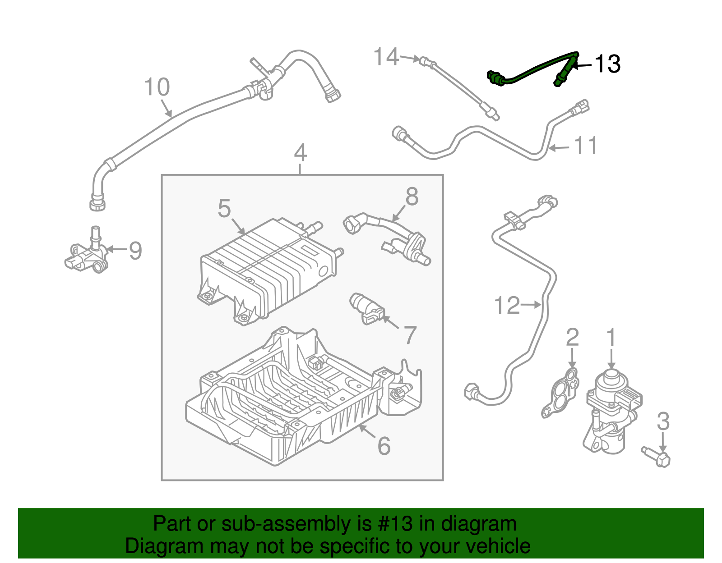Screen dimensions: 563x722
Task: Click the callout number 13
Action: [607, 64]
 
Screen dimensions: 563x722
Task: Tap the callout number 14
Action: [386, 57]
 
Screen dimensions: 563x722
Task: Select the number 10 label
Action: [157, 87]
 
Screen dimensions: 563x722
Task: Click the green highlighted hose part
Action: [532, 70]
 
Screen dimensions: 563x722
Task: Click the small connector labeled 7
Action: [367, 309]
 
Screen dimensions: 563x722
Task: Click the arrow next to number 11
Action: [560, 147]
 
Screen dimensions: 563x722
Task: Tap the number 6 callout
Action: [384, 446]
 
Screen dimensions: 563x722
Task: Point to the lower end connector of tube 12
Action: [472, 390]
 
